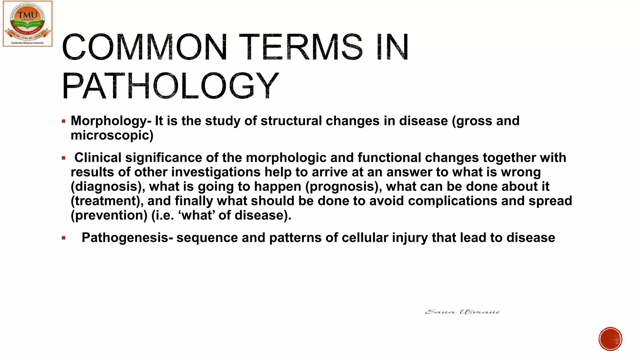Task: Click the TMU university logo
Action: [x=27, y=24]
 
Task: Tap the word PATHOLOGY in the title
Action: [x=170, y=86]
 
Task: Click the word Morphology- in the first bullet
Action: [x=111, y=121]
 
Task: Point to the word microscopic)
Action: [x=112, y=135]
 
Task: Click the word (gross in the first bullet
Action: [x=472, y=121]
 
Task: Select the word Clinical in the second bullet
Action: [x=97, y=157]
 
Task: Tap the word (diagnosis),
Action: [x=108, y=187]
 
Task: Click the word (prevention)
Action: [x=109, y=215]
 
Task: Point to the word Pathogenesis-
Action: [x=127, y=238]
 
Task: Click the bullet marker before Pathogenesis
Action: [x=64, y=238]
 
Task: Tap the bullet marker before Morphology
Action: [x=64, y=121]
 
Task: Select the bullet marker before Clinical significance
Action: [x=64, y=158]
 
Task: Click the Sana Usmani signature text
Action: [x=462, y=312]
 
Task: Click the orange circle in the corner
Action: [x=610, y=339]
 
